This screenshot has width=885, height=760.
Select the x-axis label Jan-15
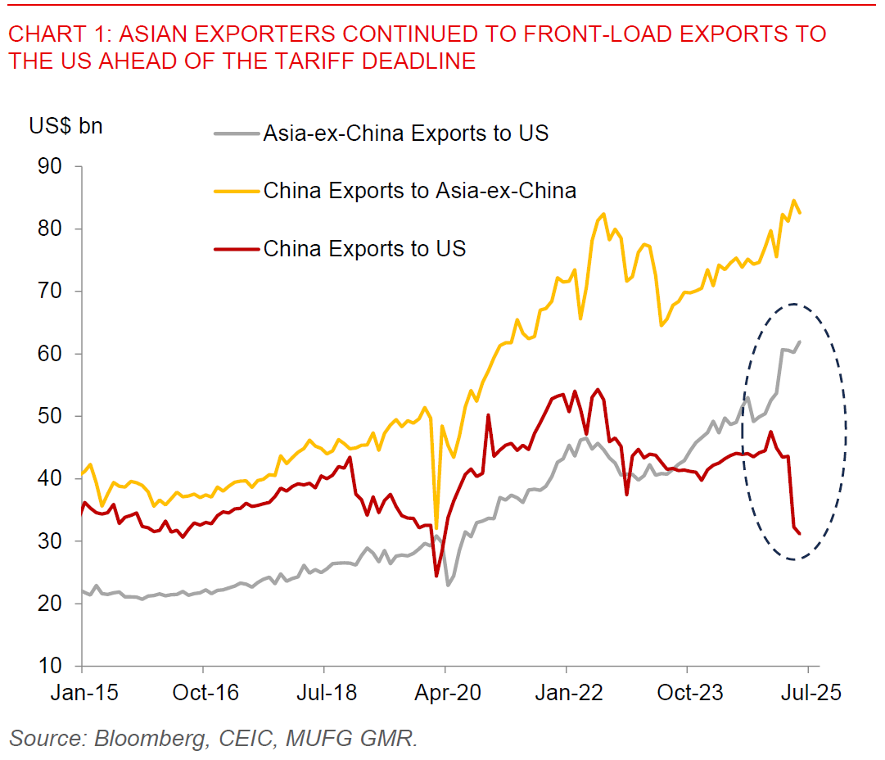[x=84, y=693]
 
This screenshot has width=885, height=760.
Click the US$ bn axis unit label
[x=65, y=127]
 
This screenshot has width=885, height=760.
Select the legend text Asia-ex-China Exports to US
[x=405, y=133]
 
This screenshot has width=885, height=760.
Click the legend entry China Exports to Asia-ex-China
[x=419, y=191]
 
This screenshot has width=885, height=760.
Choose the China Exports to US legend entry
[x=364, y=248]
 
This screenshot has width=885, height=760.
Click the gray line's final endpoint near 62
[x=799, y=342]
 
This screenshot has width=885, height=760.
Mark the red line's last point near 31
[x=799, y=534]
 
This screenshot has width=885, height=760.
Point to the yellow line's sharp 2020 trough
[x=436, y=528]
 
